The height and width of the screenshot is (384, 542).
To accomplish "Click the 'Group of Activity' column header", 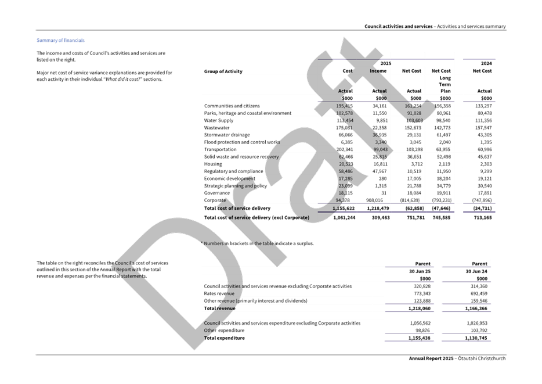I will [x=223, y=71].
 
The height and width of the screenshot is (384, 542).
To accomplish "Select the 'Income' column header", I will [x=378, y=71].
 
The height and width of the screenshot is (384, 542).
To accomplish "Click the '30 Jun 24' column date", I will [x=475, y=270].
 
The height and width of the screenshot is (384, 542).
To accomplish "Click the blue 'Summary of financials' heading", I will [x=60, y=41].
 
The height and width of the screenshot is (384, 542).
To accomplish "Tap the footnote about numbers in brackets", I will [x=258, y=243].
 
